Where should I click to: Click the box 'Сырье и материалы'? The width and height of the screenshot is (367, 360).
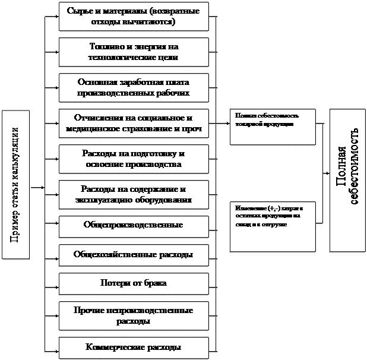134,17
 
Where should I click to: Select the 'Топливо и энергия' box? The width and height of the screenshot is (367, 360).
134,52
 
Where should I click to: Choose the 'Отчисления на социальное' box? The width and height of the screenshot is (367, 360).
134,122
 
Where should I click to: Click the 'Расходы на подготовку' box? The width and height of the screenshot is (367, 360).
134,158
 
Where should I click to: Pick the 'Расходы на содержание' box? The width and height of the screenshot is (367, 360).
134,194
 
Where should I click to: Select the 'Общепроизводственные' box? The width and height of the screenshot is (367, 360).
134,226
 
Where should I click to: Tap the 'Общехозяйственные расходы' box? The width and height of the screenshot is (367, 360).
134,255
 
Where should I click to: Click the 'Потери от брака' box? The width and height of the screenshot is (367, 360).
134,283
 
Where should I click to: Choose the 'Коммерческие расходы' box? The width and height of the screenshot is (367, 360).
134,347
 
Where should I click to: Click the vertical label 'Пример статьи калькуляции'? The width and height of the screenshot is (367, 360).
15,185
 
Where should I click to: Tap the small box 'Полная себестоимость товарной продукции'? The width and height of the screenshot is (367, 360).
273,127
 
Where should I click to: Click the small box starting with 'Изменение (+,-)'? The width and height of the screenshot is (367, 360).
273,226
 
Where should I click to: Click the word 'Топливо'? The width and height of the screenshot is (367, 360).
104,46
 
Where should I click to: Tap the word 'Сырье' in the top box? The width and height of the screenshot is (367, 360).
80,11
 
